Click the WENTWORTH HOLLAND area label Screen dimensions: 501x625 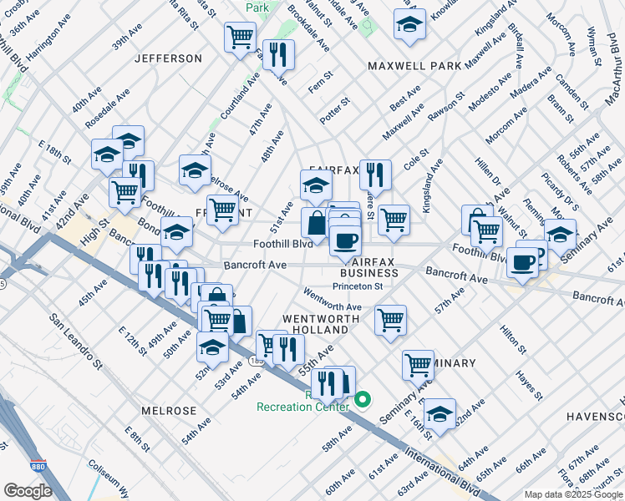(x=321, y=326)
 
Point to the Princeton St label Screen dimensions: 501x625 (x=358, y=286)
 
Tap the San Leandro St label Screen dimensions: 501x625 (x=75, y=342)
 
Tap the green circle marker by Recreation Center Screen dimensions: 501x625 (x=363, y=400)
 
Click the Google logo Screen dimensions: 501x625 (x=28, y=490)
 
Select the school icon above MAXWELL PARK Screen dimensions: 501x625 (x=409, y=25)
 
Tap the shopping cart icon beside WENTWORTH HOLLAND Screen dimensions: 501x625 (x=390, y=320)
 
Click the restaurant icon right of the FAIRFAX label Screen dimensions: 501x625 (x=375, y=175)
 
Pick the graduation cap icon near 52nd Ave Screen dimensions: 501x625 (x=212, y=346)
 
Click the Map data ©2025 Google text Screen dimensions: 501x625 (x=573, y=494)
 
